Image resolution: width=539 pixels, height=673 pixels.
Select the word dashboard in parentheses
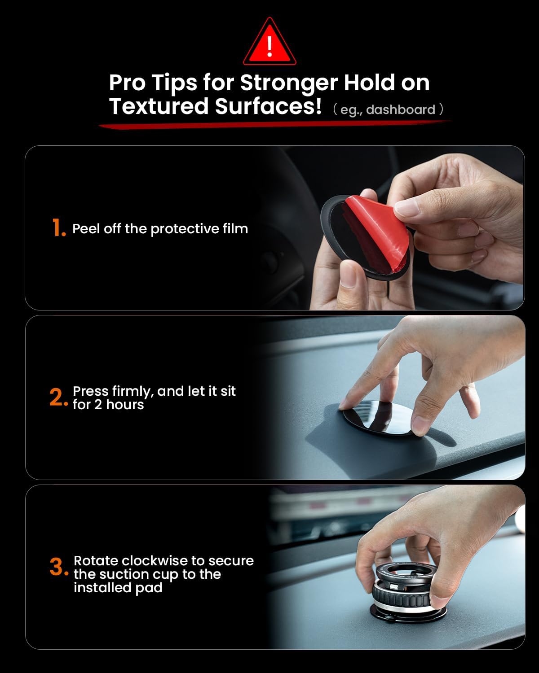tap(401, 110)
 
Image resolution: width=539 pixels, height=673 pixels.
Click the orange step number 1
tap(58, 227)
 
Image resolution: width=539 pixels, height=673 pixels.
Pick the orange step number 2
tap(58, 397)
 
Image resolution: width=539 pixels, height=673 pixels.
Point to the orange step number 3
tap(59, 567)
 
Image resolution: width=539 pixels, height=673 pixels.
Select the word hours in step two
tap(125, 405)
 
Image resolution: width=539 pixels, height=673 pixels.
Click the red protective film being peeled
tap(377, 232)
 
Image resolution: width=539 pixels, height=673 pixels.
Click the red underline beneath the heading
tap(275, 124)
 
